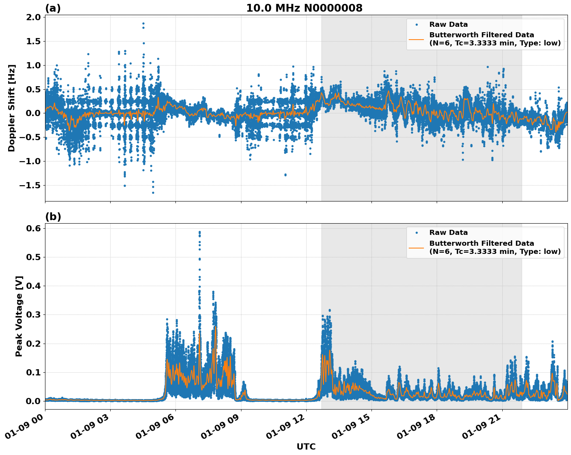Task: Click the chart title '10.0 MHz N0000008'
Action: pos(304,8)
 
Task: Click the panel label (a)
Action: pos(53,8)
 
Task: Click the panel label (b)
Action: pos(53,217)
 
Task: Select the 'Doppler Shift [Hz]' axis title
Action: pos(12,108)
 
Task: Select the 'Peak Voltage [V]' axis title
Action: pos(19,316)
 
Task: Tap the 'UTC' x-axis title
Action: pos(306,446)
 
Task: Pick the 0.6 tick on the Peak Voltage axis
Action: pos(33,228)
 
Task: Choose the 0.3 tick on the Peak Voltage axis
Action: pos(33,314)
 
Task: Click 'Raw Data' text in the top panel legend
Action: pos(448,24)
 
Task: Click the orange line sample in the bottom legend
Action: pos(416,247)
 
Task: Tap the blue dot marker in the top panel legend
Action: pos(417,24)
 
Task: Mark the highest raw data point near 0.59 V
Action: pos(200,232)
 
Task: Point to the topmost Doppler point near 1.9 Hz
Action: pos(143,23)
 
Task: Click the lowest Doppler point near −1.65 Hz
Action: pos(153,193)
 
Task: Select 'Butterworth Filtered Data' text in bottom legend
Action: pos(481,243)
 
